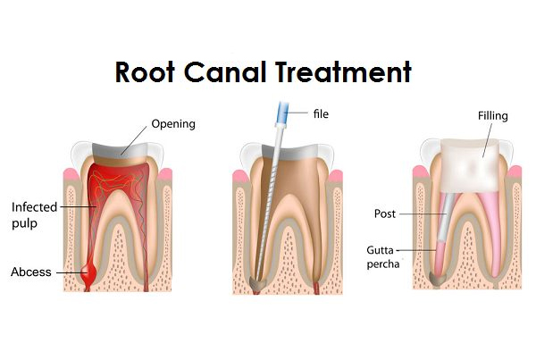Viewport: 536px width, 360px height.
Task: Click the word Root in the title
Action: tap(145, 72)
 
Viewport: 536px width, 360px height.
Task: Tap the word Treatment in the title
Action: tap(343, 71)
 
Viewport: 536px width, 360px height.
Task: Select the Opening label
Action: tap(173, 124)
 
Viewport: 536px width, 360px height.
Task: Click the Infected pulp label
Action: tap(34, 215)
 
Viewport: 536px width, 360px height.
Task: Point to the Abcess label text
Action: tap(31, 272)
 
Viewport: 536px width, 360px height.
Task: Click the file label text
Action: tap(321, 113)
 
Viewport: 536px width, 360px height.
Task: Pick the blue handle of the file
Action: tap(282, 113)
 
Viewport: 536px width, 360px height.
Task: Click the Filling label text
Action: tap(492, 116)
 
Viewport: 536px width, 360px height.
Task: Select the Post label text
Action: tap(384, 214)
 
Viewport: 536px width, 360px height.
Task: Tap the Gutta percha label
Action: tap(383, 256)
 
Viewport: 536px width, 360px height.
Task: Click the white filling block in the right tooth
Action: tap(470, 165)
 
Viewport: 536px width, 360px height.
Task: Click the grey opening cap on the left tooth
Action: tap(120, 150)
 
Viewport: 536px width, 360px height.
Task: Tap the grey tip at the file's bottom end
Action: tap(258, 282)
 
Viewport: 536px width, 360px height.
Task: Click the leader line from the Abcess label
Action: tap(71, 272)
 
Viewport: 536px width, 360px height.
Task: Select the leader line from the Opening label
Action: tap(134, 140)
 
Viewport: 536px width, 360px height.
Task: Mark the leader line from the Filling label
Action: tap(488, 140)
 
